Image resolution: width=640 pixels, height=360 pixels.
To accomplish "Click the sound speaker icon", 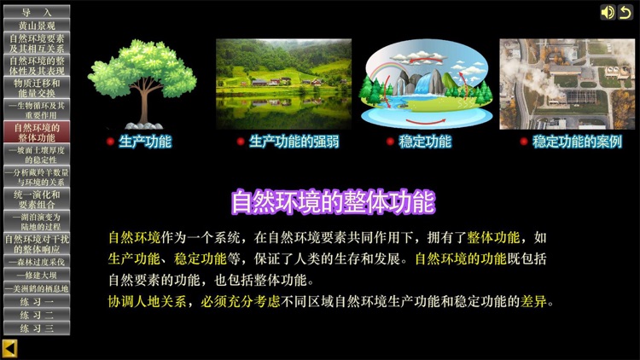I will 607,12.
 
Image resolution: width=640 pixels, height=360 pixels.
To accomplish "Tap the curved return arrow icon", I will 625,12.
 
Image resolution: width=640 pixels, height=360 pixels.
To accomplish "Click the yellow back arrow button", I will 10,348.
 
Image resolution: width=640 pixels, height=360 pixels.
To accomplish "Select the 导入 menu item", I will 36,12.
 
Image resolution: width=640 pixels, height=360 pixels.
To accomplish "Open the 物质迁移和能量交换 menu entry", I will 36,88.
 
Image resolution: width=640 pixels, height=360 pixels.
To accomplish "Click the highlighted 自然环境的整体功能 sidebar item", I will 36,132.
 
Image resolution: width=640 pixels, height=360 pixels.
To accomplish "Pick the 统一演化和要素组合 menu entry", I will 36,200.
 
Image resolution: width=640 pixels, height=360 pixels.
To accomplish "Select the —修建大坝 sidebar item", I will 36,276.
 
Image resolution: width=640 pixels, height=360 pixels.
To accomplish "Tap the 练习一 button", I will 36,302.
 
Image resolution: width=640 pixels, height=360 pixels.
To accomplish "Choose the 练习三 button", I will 36,328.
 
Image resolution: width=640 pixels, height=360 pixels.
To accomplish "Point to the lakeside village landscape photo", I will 283,82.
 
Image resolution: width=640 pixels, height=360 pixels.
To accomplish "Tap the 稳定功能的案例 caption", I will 577,142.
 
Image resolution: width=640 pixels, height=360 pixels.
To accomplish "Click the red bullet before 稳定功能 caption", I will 390,142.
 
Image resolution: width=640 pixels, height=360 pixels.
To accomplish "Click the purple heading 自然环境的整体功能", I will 333,202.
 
